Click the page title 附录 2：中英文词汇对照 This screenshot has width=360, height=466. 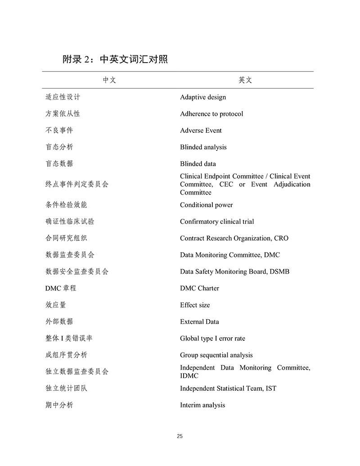pos(115,59)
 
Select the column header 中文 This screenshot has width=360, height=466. pos(109,80)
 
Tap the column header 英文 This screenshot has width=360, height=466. pos(245,80)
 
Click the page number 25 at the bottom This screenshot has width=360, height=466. pos(180,436)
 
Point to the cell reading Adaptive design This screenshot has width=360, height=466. pos(203,97)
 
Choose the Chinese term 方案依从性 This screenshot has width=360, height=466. pos(63,114)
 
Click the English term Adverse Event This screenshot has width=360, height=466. pos(201,131)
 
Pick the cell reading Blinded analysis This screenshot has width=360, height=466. pos(203,147)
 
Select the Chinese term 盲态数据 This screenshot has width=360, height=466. pos(59,164)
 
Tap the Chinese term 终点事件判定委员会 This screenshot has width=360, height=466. pos(77,184)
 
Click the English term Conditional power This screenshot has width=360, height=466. pos(207,205)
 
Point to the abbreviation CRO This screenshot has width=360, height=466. pos(281,238)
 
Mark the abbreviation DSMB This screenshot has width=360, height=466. pos(279,271)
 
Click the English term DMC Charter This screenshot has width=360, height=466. pos(199,288)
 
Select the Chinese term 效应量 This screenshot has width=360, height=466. pos(56,305)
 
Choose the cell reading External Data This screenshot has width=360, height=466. pos(199,321)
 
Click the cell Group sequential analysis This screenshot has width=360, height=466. pos(216,355)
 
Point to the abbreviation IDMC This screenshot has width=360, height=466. pos(189,376)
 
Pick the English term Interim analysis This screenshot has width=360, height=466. pos(202,405)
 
